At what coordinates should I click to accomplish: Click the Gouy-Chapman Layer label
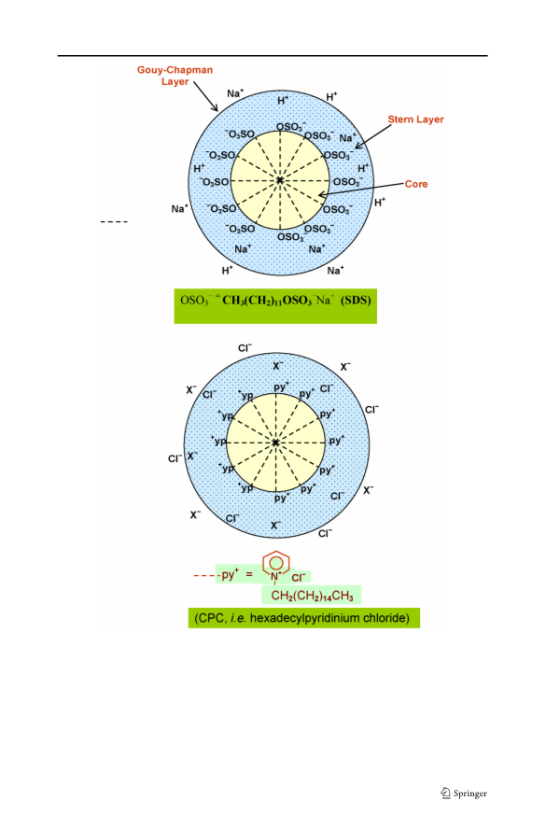tap(175, 76)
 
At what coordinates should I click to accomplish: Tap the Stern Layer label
tap(416, 119)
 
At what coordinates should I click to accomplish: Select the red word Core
tap(416, 184)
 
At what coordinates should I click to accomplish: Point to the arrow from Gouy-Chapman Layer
tap(205, 96)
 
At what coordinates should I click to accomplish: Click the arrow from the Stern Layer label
tap(373, 136)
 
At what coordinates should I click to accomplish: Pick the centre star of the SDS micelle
tap(280, 180)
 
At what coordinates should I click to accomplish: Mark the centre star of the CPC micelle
tap(275, 442)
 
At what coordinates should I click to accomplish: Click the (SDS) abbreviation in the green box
tap(356, 301)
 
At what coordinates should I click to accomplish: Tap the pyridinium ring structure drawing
tap(276, 565)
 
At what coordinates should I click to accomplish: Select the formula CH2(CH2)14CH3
tap(312, 596)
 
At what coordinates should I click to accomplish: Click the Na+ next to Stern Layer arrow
tap(347, 137)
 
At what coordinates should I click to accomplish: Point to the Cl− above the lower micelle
tap(245, 348)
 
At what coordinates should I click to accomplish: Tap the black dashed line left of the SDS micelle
tap(114, 221)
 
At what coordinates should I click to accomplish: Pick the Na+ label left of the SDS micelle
tap(179, 209)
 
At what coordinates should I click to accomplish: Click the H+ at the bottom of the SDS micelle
tap(228, 270)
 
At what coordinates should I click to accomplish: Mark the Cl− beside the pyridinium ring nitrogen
tap(299, 577)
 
